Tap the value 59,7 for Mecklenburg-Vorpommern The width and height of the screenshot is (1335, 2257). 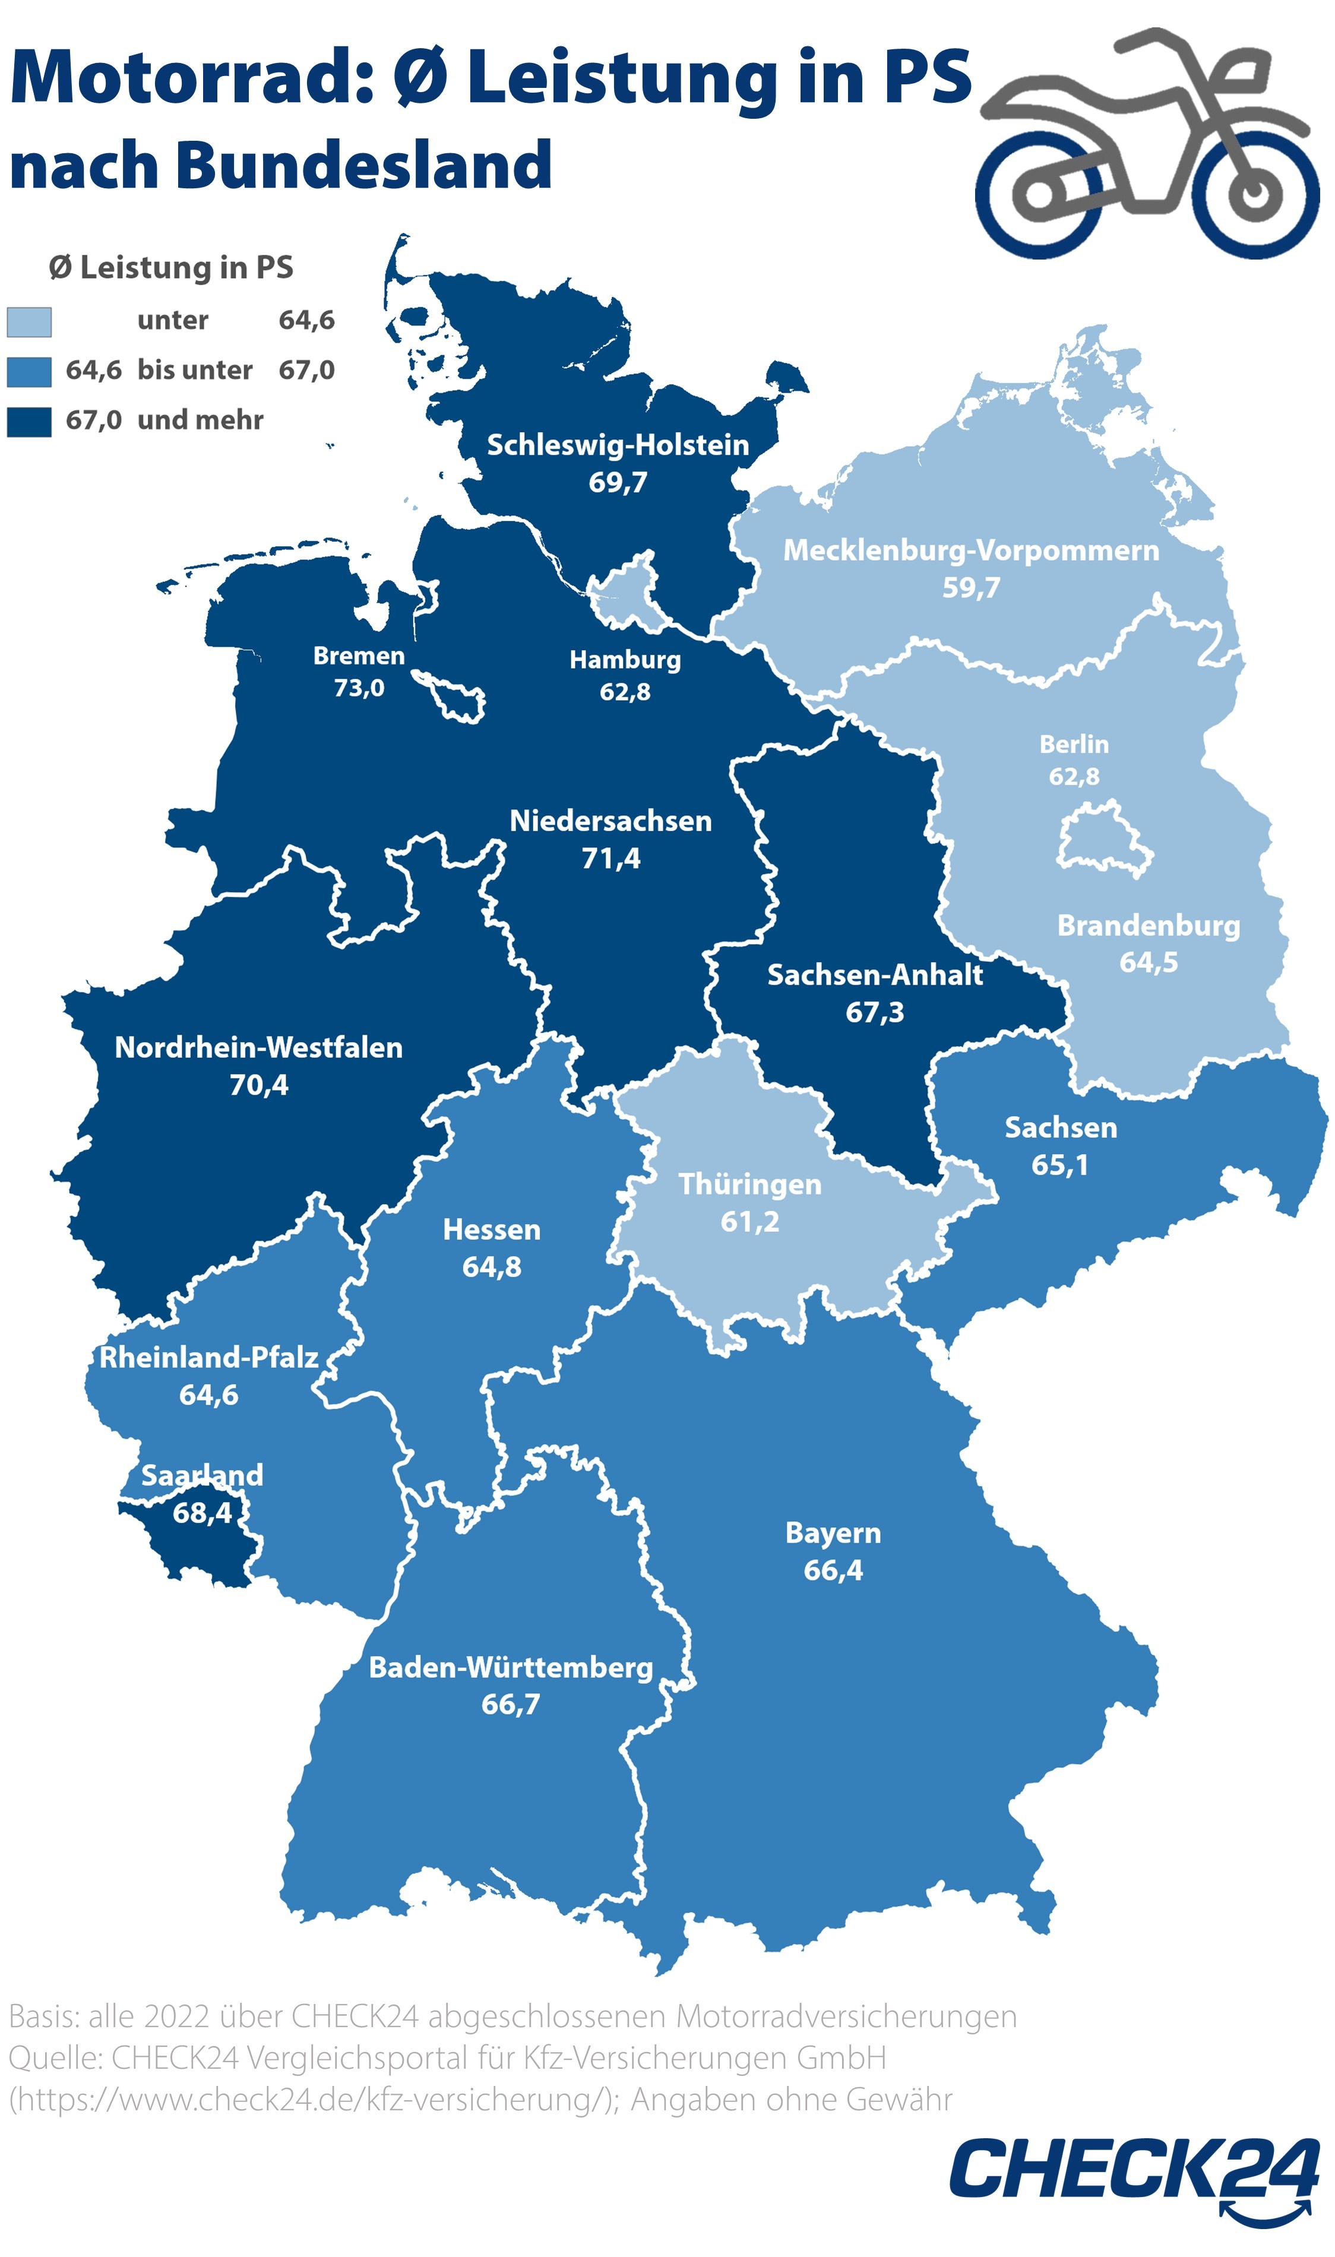(x=970, y=587)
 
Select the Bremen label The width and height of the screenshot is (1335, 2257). (x=358, y=656)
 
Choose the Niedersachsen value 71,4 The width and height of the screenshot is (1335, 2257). (x=611, y=858)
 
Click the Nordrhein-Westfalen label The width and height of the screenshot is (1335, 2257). (x=258, y=1047)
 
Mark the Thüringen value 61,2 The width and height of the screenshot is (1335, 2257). (x=749, y=1222)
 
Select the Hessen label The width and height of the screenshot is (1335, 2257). (x=491, y=1229)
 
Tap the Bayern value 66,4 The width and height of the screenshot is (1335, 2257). (x=833, y=1570)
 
